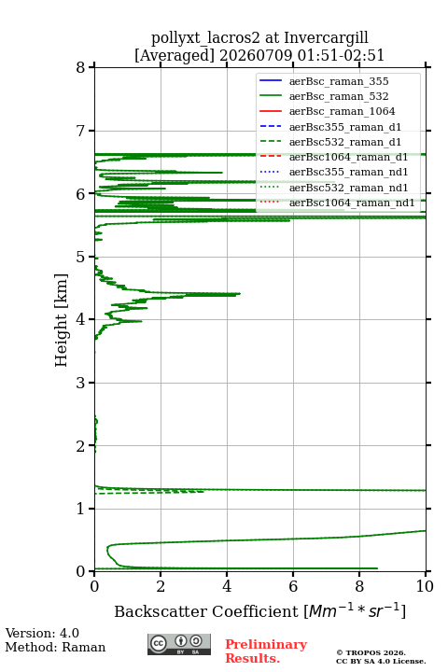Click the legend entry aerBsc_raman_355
pyautogui.click(x=339, y=81)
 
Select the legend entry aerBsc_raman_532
pyautogui.click(x=339, y=96)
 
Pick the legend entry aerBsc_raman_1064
pyautogui.click(x=342, y=111)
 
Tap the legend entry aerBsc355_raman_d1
pyautogui.click(x=345, y=127)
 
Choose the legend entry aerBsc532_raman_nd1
pyautogui.click(x=348, y=188)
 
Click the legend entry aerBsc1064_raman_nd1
pyautogui.click(x=352, y=203)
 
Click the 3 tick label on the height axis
pyautogui.click(x=80, y=383)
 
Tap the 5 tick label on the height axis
pyautogui.click(x=80, y=257)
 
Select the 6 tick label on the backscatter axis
pyautogui.click(x=293, y=586)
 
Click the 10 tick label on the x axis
pyautogui.click(x=425, y=586)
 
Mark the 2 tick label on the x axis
pyautogui.click(x=161, y=586)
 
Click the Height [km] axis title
pyautogui.click(x=62, y=320)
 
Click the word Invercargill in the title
pyautogui.click(x=326, y=38)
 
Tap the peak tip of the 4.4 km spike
pyautogui.click(x=240, y=294)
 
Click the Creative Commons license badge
pyautogui.click(x=179, y=644)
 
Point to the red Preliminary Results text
pyautogui.click(x=266, y=651)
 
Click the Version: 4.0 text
pyautogui.click(x=42, y=633)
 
